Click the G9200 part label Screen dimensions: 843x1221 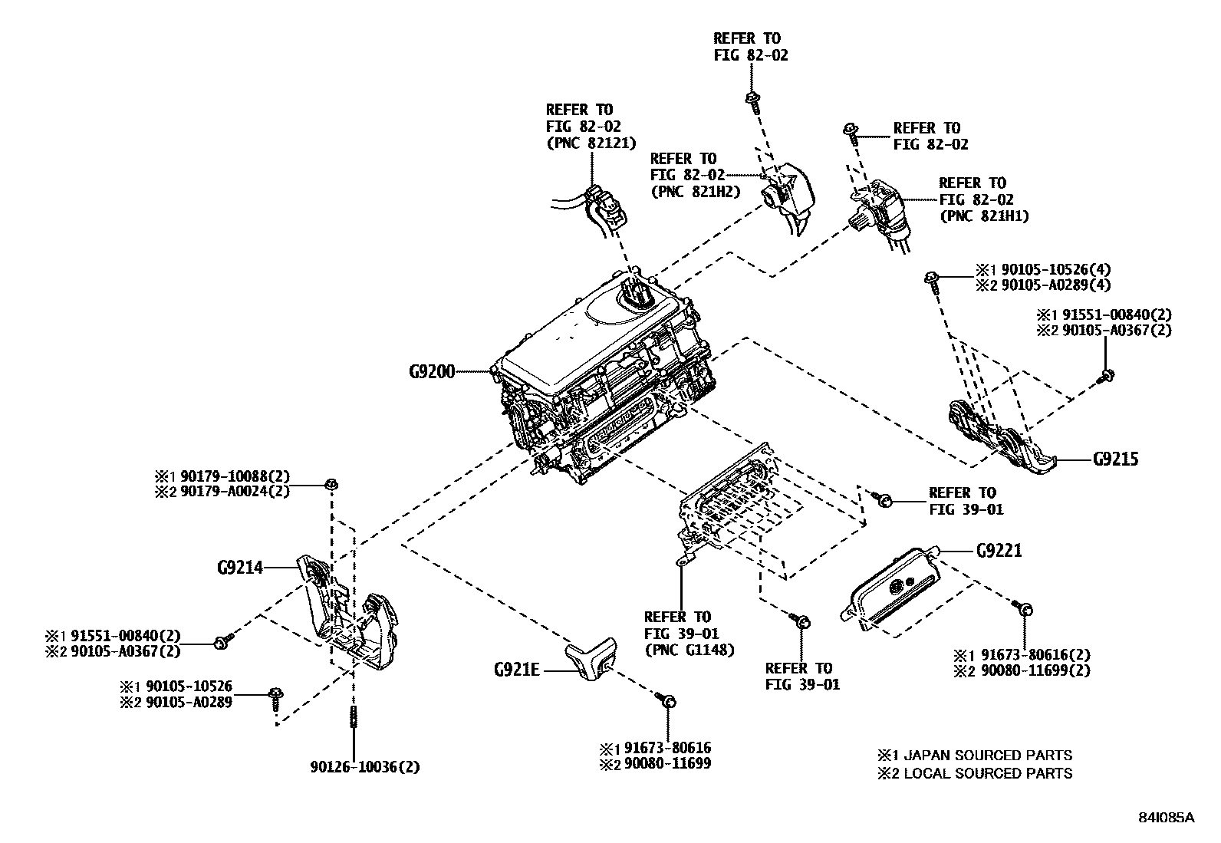click(x=432, y=372)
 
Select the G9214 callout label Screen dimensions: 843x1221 click(x=240, y=568)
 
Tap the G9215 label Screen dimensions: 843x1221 click(x=1115, y=459)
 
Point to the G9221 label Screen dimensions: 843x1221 click(x=999, y=551)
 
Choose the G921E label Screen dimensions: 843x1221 click(x=516, y=670)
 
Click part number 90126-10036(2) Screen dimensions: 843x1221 click(x=365, y=767)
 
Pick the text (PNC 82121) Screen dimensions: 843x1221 click(x=591, y=143)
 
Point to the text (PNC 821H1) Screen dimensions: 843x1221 click(x=984, y=216)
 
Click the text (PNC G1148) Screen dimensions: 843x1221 click(x=689, y=650)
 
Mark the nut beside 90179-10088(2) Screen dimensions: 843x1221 click(x=331, y=484)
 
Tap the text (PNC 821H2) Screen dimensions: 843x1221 click(x=695, y=192)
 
